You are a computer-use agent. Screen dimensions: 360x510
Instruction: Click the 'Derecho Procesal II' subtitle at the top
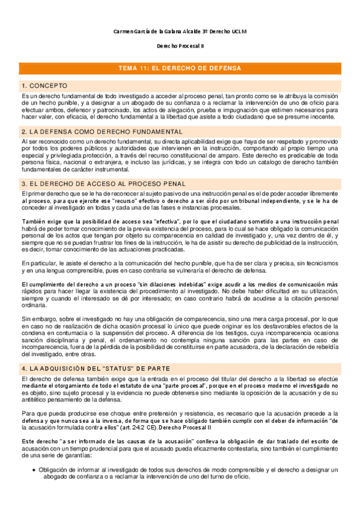(x=180, y=46)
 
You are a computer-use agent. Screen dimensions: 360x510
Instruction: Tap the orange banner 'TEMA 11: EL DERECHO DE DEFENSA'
(x=180, y=69)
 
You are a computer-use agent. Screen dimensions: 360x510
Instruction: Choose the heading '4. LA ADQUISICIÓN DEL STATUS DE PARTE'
(x=96, y=368)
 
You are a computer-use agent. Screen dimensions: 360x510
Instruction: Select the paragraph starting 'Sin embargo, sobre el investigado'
(x=180, y=337)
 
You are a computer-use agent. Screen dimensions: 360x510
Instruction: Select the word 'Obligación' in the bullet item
(x=55, y=469)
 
